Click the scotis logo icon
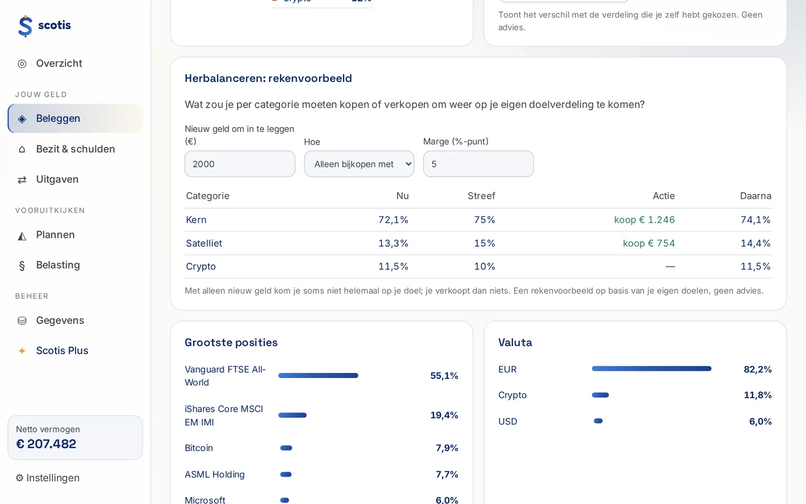pyautogui.click(x=25, y=26)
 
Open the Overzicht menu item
pyautogui.click(x=59, y=64)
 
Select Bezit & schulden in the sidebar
pyautogui.click(x=75, y=149)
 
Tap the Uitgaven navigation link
pyautogui.click(x=57, y=179)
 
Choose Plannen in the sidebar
pyautogui.click(x=55, y=235)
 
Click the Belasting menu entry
pyautogui.click(x=58, y=265)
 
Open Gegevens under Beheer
pyautogui.click(x=60, y=321)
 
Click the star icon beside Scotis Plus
pyautogui.click(x=22, y=351)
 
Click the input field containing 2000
pyautogui.click(x=240, y=164)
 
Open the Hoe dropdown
pyautogui.click(x=359, y=164)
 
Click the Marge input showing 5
pyautogui.click(x=478, y=164)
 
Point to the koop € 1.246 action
pyautogui.click(x=644, y=220)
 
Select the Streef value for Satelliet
pyautogui.click(x=485, y=243)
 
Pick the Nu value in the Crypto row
pyautogui.click(x=393, y=267)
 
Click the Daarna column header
pyautogui.click(x=756, y=196)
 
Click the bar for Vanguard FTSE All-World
pyautogui.click(x=318, y=375)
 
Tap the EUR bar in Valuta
pyautogui.click(x=652, y=368)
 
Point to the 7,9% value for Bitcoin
pyautogui.click(x=447, y=448)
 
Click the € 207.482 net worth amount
pyautogui.click(x=46, y=444)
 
